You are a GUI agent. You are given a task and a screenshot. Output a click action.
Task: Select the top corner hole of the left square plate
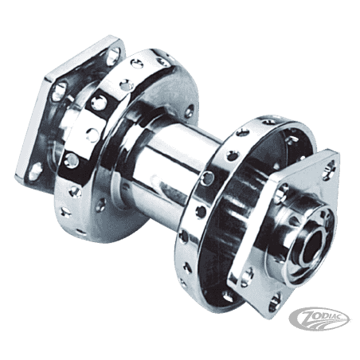pyautogui.click(x=113, y=54)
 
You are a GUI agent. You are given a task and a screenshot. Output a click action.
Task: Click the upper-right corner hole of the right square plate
pyautogui.click(x=330, y=167)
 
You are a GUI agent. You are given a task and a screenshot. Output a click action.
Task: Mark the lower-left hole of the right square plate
pyautogui.click(x=247, y=276)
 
